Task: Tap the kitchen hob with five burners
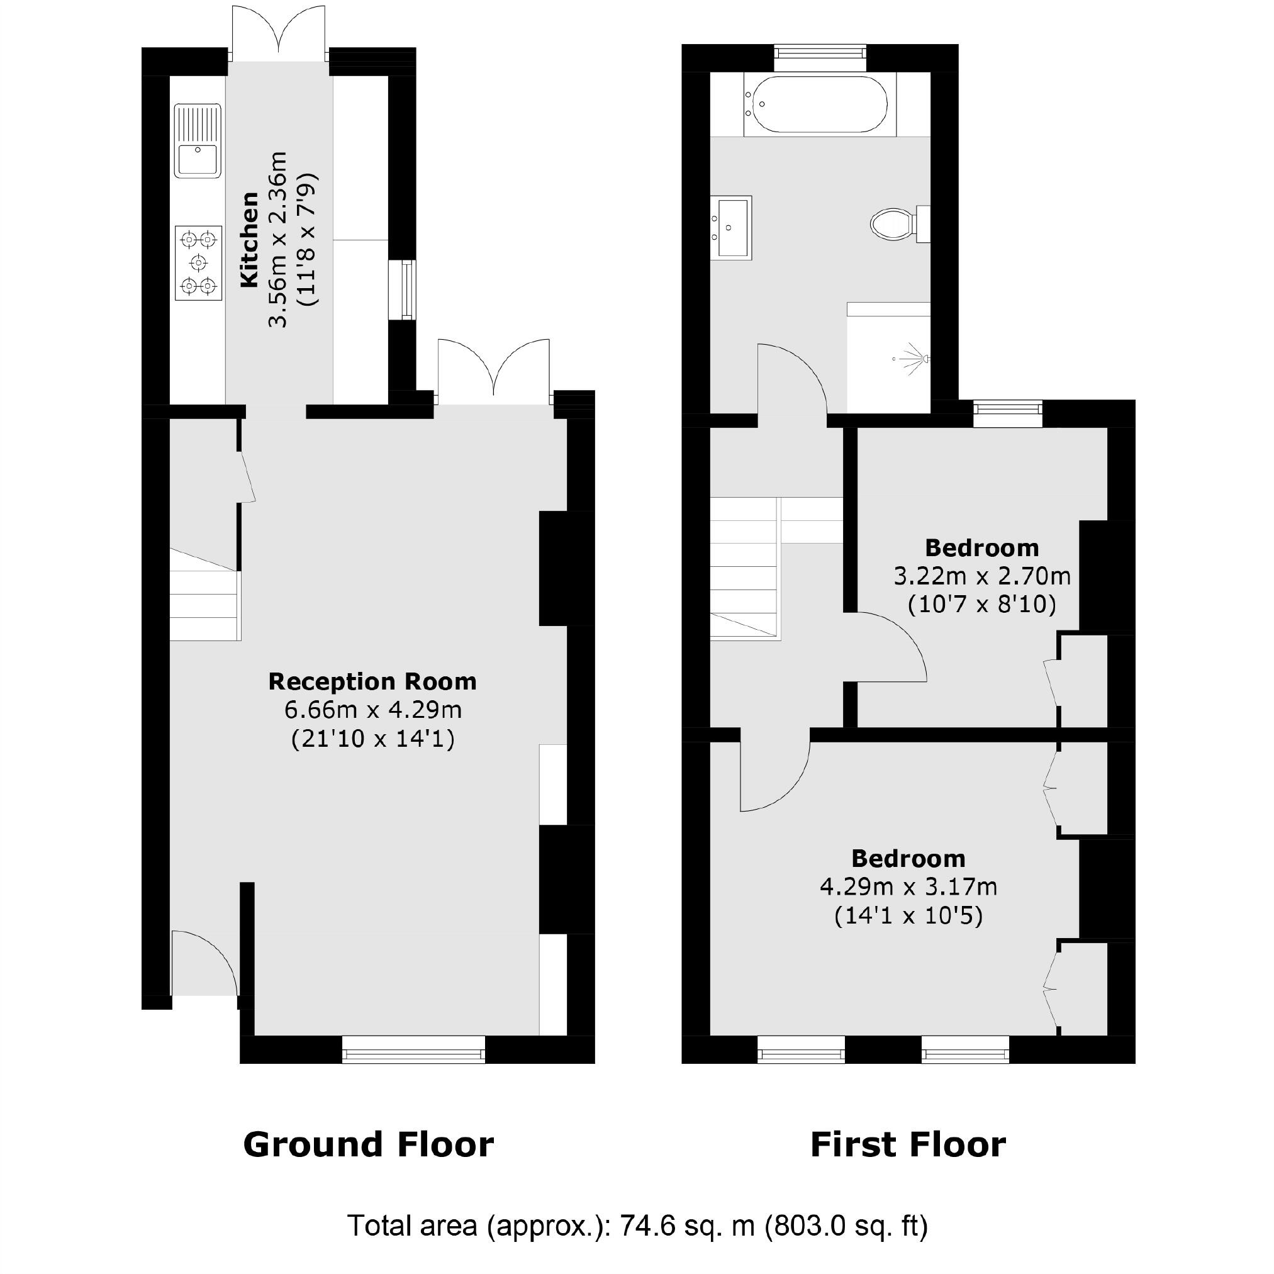pos(198,263)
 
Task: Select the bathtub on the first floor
pos(820,105)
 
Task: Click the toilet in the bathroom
pos(895,224)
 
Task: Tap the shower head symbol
pos(915,359)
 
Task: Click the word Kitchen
pos(249,239)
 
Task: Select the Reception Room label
pos(372,682)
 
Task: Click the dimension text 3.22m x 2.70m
pos(981,577)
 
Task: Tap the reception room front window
pos(413,1049)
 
